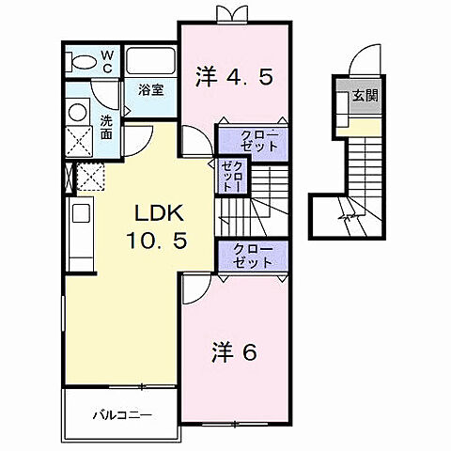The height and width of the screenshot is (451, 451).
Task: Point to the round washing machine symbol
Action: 76,110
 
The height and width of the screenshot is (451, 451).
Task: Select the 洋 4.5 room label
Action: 234,77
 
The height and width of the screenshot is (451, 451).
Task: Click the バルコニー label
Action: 121,413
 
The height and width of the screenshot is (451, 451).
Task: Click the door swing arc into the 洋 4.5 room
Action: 196,145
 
